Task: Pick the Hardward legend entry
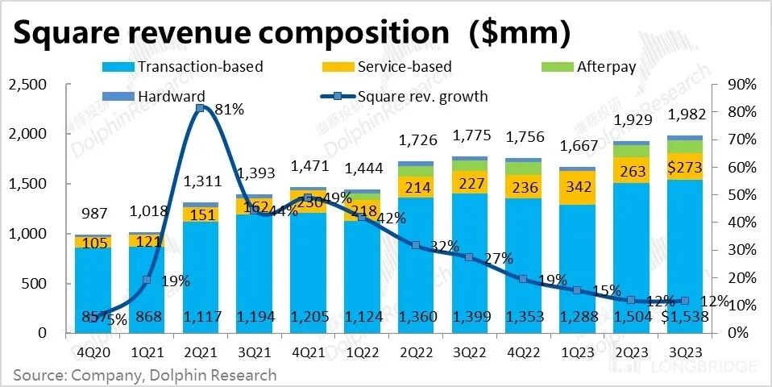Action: point(165,96)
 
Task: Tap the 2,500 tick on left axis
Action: point(27,85)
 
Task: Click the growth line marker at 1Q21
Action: point(147,280)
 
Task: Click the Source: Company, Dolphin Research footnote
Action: point(144,375)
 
